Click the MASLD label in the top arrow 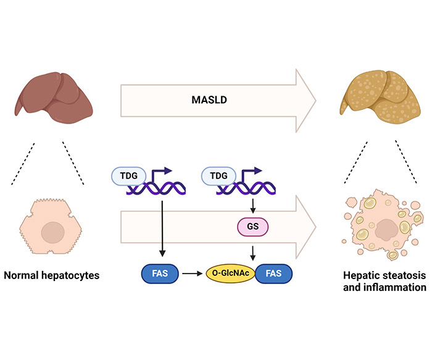[x=209, y=100]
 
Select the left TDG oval [x=128, y=176]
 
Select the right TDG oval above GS [x=218, y=176]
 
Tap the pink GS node [x=252, y=227]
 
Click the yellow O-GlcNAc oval [x=231, y=274]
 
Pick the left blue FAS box [x=160, y=274]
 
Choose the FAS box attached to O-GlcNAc [x=273, y=274]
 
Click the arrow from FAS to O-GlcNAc [x=193, y=274]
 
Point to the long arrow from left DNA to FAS [x=162, y=228]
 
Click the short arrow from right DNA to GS [x=252, y=206]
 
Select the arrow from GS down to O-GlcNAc [x=252, y=253]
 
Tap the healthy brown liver [x=54, y=98]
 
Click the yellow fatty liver [x=380, y=97]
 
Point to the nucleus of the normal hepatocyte [x=53, y=232]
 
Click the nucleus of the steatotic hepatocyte [x=386, y=230]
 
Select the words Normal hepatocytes [x=51, y=275]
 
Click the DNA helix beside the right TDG [x=246, y=188]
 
